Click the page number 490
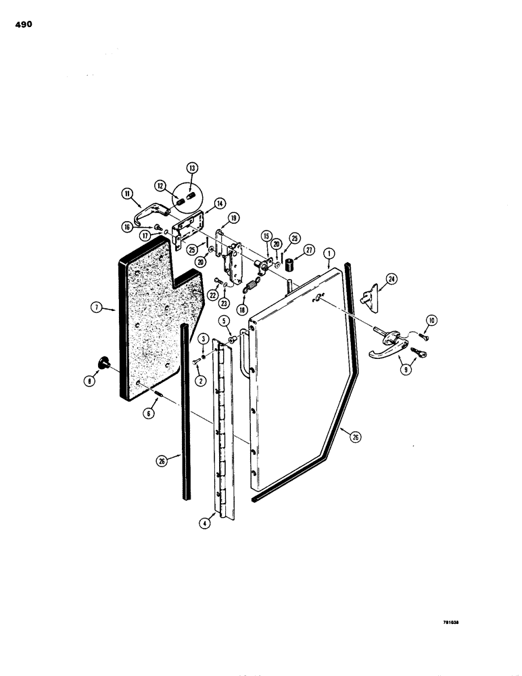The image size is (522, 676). (22, 25)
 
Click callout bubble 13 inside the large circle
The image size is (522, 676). (191, 168)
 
